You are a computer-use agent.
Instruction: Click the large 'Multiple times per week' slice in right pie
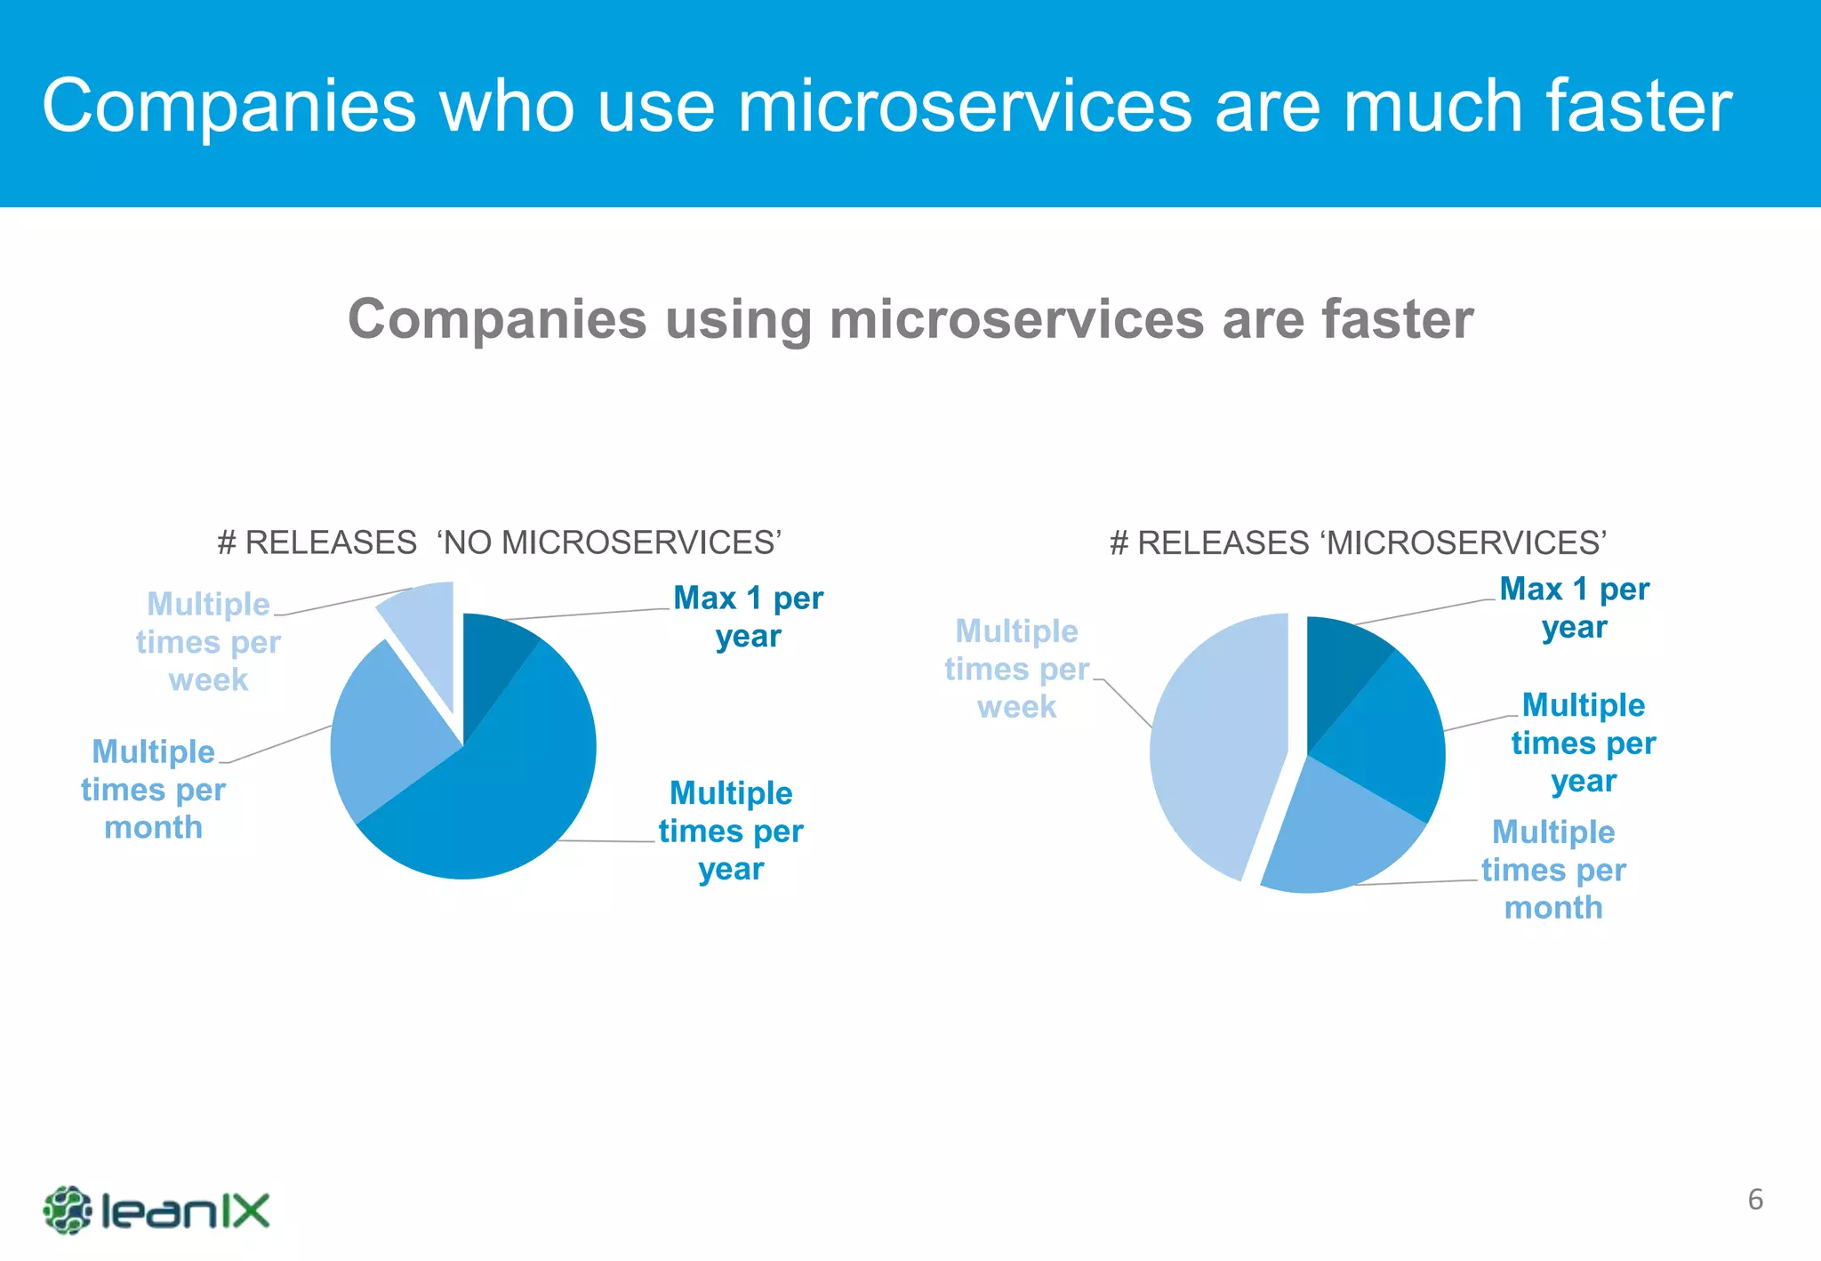(x=1214, y=747)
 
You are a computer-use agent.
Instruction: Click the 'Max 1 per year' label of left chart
(x=748, y=617)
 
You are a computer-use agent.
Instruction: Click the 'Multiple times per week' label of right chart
(x=1016, y=669)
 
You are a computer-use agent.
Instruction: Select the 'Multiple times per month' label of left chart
(x=153, y=790)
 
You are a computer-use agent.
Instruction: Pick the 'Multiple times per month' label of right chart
(x=1553, y=870)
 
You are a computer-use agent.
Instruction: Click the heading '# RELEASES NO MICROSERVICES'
(x=499, y=542)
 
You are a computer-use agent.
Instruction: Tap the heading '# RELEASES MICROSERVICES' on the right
(x=1358, y=542)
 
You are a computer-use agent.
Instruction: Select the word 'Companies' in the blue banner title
(x=229, y=107)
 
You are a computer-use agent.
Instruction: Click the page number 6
(x=1755, y=1200)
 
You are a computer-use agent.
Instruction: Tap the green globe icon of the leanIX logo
(x=67, y=1210)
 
